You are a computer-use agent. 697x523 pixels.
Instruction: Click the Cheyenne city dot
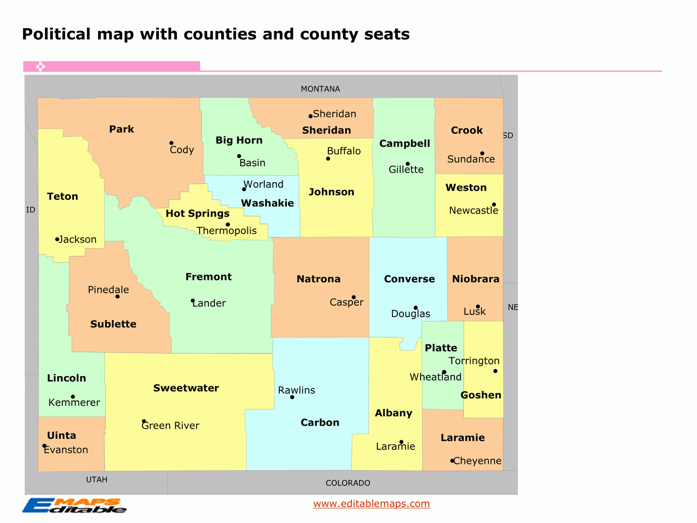point(452,461)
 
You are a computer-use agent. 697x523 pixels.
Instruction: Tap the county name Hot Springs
point(198,214)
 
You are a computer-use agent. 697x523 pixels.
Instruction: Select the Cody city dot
point(171,143)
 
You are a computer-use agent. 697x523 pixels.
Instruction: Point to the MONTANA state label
point(320,89)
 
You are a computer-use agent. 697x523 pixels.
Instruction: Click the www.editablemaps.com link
point(371,503)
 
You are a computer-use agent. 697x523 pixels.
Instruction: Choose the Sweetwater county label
point(186,388)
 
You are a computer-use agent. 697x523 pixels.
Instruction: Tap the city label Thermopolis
point(227,231)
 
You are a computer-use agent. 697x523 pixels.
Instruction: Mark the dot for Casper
point(354,297)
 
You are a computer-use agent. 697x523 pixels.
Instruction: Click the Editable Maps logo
point(74,505)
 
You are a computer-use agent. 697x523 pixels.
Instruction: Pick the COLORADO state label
point(348,483)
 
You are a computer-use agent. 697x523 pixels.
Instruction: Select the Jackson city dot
point(57,239)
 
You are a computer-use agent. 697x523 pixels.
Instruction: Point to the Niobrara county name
point(475,279)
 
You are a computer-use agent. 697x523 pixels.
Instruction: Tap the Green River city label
point(170,426)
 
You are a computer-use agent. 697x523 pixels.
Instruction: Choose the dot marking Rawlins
point(292,397)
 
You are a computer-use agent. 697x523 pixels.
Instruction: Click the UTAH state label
point(97,479)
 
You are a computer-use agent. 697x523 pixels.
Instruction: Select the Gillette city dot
point(408,164)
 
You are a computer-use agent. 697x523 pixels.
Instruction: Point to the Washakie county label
point(267,203)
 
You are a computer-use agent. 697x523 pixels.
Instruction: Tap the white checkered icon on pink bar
point(40,67)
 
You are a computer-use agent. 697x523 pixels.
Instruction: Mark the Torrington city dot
point(495,371)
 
